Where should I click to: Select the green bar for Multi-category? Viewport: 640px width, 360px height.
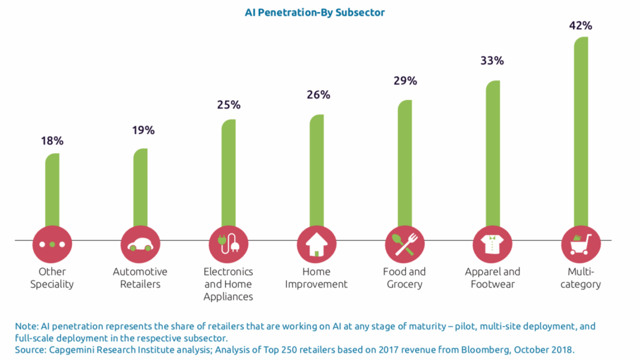coord(581,133)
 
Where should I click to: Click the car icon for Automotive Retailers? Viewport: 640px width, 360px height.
coord(140,244)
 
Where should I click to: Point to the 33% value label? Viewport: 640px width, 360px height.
coord(492,61)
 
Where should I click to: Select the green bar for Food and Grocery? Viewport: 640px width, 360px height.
coord(405,165)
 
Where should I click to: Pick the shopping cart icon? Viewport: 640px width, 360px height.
coord(581,244)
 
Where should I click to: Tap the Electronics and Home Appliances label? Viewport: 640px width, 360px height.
coord(228,284)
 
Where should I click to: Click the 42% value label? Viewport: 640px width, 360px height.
coord(581,25)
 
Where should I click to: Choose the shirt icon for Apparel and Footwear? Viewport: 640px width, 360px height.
coord(492,244)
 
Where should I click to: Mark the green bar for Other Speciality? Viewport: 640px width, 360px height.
coord(52,192)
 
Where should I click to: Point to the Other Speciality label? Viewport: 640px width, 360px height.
coord(52,278)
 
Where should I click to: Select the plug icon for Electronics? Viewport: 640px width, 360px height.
coord(228,244)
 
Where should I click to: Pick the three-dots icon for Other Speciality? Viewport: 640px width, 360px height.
coord(52,244)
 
